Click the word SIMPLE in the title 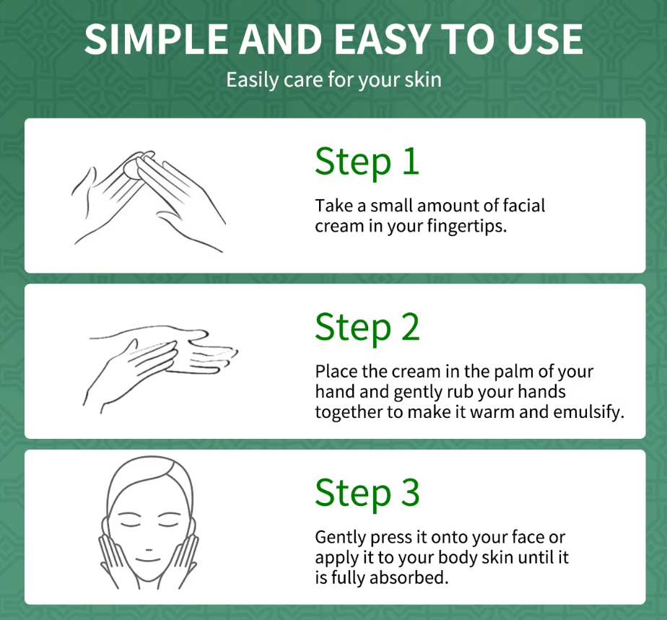(156, 39)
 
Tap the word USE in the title (545, 39)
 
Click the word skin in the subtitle (423, 79)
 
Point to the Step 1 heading (367, 162)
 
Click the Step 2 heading (367, 328)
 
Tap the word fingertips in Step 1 (467, 226)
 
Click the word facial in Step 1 (523, 206)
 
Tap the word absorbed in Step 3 (409, 577)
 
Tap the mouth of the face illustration (148, 559)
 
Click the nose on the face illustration (149, 550)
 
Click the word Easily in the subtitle (251, 79)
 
